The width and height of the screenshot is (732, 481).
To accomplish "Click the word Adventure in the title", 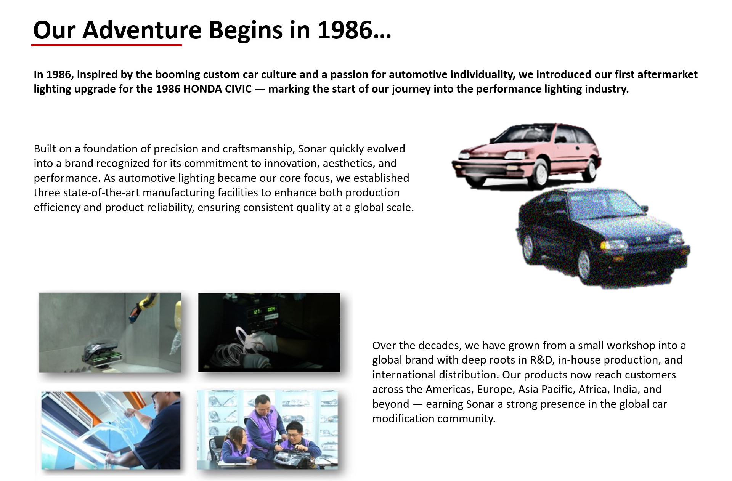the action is pyautogui.click(x=142, y=30).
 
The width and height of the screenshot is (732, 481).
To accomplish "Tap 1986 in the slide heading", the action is pyautogui.click(x=345, y=30).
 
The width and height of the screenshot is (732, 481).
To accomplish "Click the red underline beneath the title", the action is pyautogui.click(x=106, y=45).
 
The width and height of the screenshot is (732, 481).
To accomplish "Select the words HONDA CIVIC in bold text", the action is pyautogui.click(x=217, y=89).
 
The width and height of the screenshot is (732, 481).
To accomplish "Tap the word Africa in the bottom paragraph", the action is pyautogui.click(x=593, y=389).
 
